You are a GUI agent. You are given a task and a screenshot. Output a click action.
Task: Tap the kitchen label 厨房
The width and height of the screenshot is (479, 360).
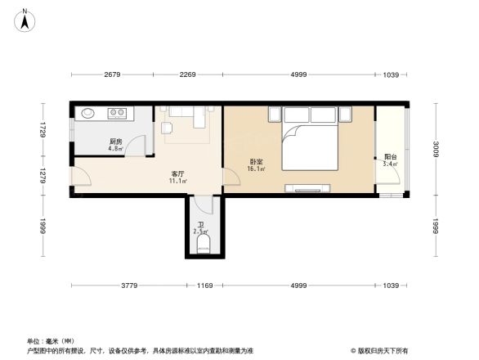[115, 142]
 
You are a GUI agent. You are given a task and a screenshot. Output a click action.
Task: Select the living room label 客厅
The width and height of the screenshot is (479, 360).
[176, 173]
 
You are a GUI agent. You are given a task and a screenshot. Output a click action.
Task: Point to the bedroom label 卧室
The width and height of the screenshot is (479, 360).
[256, 161]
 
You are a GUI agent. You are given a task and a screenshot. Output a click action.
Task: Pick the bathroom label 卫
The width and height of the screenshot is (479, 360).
[200, 224]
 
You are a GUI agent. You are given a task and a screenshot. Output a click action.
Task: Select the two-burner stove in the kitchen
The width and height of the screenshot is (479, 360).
[117, 114]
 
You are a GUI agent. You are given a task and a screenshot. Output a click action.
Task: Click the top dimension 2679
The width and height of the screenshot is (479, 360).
[113, 75]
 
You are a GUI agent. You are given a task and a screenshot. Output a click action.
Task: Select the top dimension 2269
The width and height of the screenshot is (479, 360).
[188, 75]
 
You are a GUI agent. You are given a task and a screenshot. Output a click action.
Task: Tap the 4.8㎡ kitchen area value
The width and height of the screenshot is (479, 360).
[115, 150]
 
